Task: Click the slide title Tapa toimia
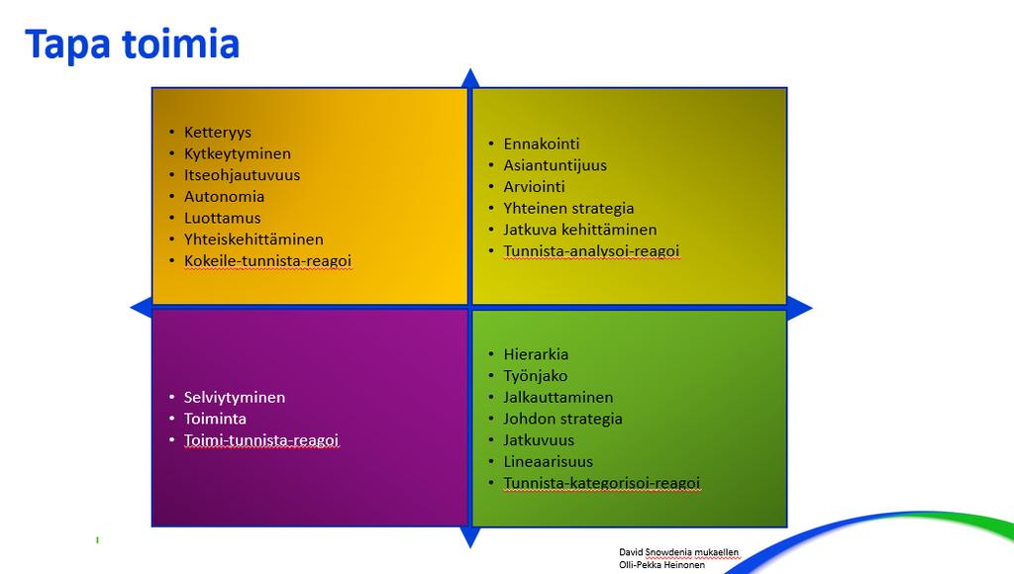point(133,45)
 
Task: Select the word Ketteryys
point(217,133)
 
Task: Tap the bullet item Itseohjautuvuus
point(242,175)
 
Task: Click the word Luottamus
point(223,218)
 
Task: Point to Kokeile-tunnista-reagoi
point(267,260)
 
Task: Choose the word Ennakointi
point(542,143)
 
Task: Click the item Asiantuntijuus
point(555,165)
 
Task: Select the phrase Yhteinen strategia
point(568,208)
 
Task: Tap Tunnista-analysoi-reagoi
point(591,250)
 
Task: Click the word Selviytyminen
point(234,397)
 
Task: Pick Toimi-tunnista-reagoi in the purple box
point(261,440)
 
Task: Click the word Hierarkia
point(536,354)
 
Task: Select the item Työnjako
point(536,376)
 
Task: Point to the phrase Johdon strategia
point(562,419)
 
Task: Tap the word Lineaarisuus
point(548,461)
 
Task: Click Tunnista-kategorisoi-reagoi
point(601,483)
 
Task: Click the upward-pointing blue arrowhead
point(470,77)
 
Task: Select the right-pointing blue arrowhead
point(800,308)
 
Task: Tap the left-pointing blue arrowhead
point(141,308)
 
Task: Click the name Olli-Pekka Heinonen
point(661,565)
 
